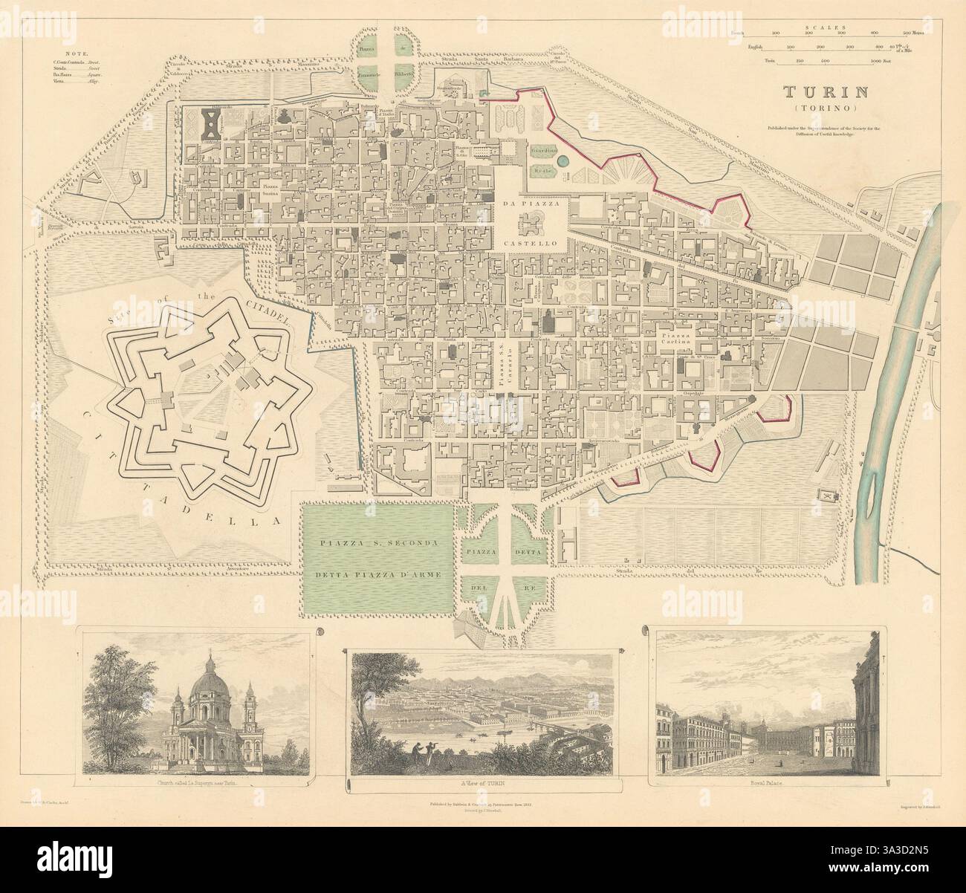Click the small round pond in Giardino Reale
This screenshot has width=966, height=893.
[x=563, y=161]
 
